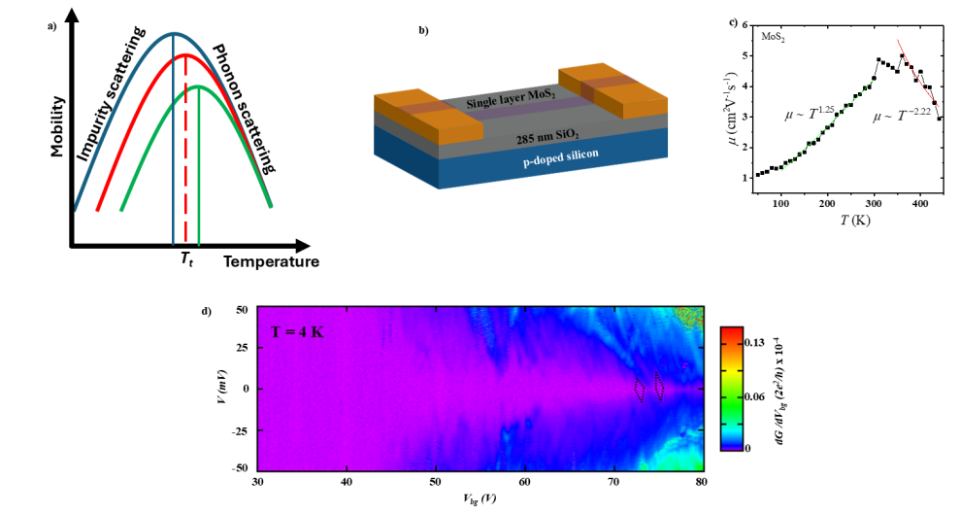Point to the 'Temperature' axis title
pyautogui.click(x=271, y=262)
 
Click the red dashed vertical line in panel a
pyautogui.click(x=185, y=155)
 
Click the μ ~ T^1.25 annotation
pyautogui.click(x=810, y=115)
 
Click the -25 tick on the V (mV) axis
pyautogui.click(x=237, y=428)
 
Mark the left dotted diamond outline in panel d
pyautogui.click(x=638, y=389)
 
